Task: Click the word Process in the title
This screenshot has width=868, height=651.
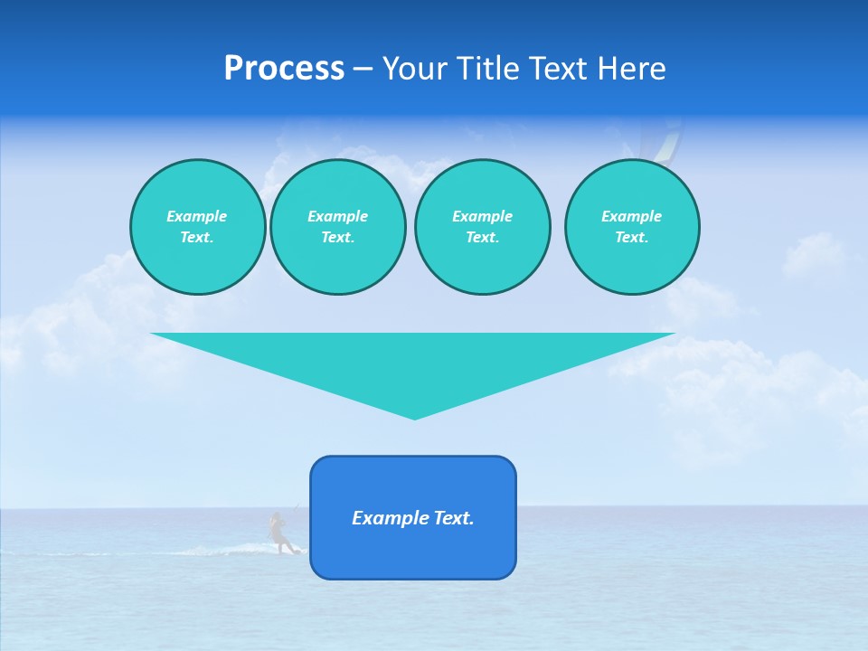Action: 284,69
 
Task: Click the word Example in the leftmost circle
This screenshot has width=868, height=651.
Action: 197,216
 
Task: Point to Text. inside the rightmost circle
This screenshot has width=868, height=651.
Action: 631,237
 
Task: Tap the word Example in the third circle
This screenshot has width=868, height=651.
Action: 482,216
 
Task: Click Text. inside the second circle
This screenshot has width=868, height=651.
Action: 337,237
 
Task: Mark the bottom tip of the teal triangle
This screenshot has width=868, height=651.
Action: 414,418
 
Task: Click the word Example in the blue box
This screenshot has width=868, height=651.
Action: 392,518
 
